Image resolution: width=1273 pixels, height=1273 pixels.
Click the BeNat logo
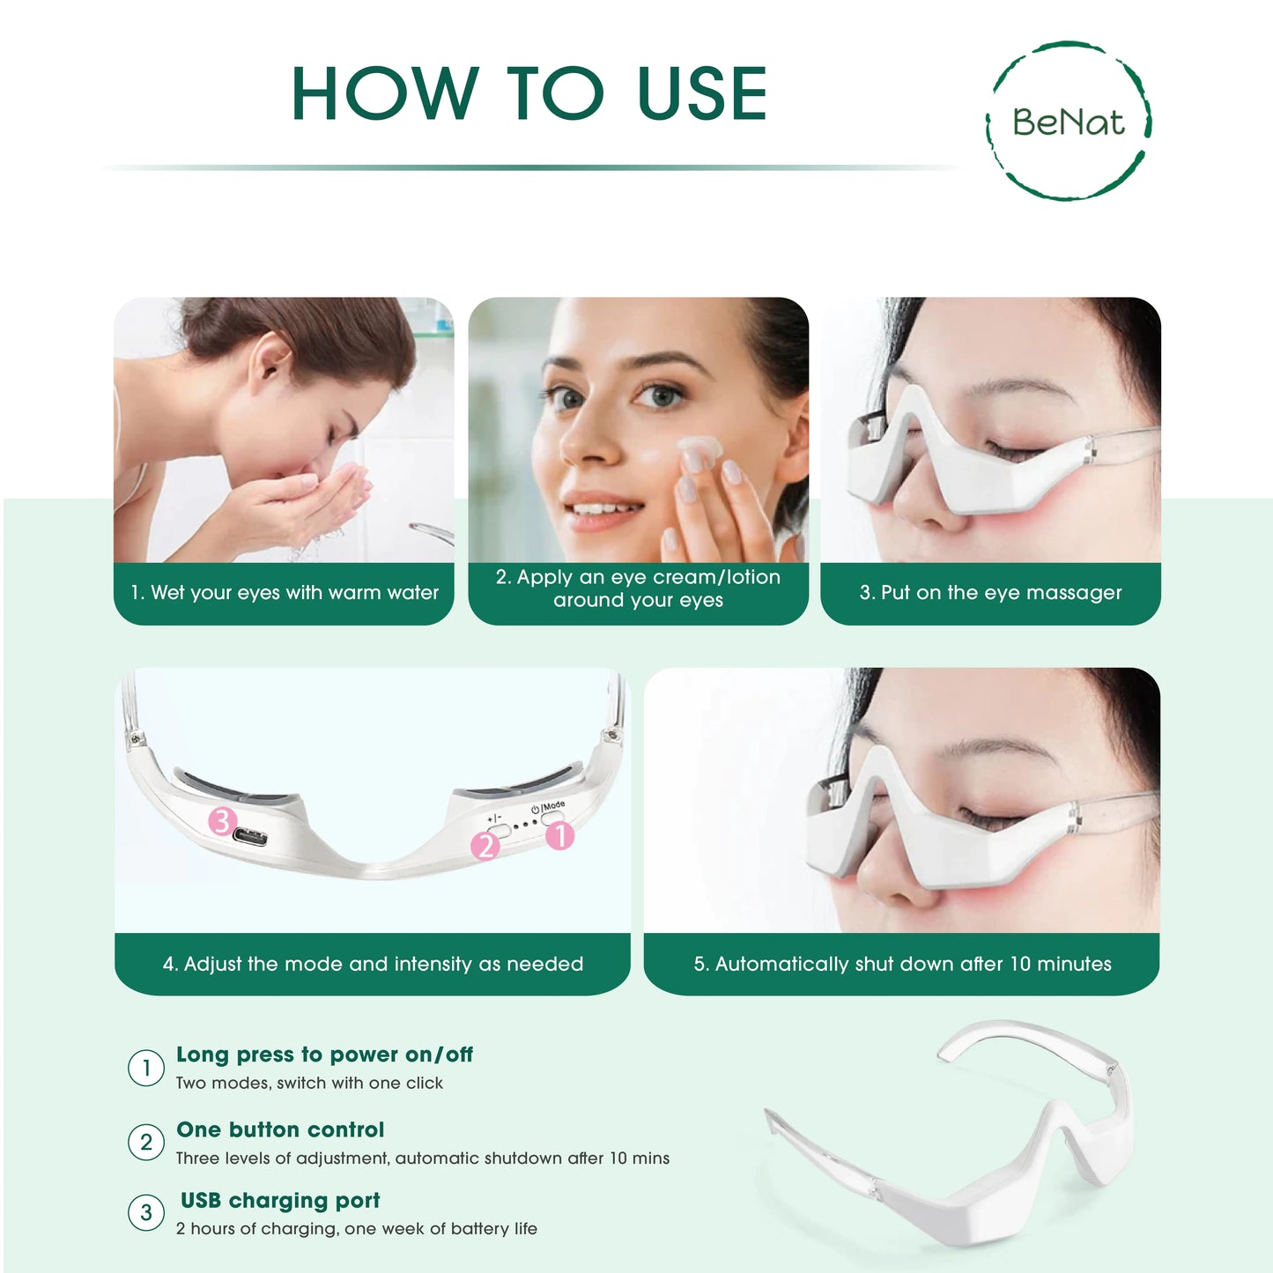point(1068,121)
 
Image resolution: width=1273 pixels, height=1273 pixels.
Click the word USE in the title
point(702,93)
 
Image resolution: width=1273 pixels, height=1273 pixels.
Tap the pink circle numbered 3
point(222,821)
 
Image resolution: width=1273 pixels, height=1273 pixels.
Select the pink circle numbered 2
point(485,846)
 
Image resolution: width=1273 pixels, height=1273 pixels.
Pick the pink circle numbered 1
point(560,835)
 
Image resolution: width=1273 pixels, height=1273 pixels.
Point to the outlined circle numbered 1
point(146,1068)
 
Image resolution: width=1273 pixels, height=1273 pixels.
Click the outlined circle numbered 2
point(146,1143)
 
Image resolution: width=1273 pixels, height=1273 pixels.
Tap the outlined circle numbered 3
point(146,1213)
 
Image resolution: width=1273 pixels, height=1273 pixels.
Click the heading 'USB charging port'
point(280,1200)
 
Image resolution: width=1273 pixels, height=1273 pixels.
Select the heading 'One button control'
point(280,1129)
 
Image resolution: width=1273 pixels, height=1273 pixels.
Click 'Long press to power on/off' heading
point(324,1055)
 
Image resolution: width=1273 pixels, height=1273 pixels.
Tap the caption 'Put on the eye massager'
point(990,593)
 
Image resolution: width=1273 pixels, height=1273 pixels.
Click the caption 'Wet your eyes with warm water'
point(285,593)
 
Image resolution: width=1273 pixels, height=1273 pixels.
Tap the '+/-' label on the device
point(494,818)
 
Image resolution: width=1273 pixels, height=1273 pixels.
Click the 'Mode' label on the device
point(552,805)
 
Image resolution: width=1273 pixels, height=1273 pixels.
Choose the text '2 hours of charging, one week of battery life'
point(356,1228)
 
